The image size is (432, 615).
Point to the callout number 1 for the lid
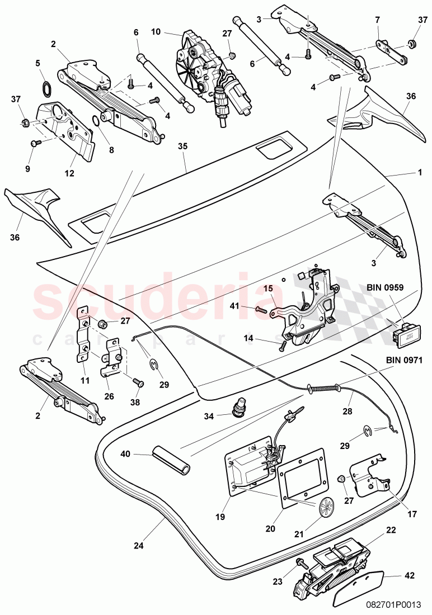click(419, 173)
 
